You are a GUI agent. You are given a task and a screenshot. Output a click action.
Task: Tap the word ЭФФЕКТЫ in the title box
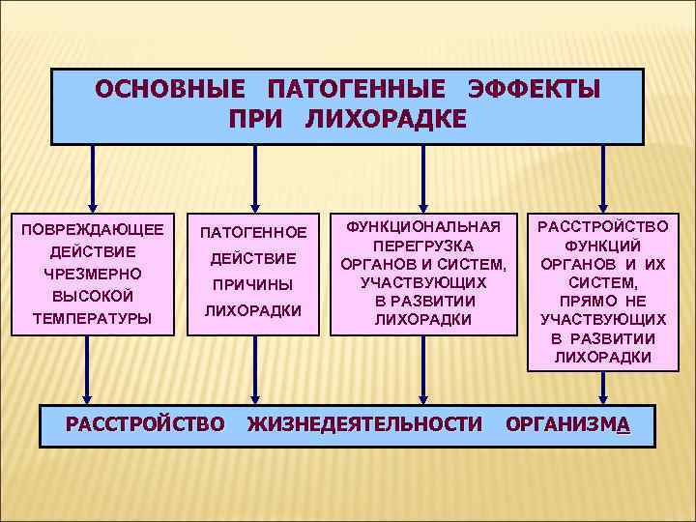click(x=534, y=90)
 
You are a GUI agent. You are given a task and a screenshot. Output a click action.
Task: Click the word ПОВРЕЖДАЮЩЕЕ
click(x=93, y=229)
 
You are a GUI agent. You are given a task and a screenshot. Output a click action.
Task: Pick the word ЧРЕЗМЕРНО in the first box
click(x=93, y=274)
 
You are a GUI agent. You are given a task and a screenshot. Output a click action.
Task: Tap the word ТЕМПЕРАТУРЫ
click(x=93, y=317)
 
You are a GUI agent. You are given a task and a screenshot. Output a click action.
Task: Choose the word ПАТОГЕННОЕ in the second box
click(x=253, y=232)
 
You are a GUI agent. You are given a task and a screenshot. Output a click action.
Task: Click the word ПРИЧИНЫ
click(x=253, y=285)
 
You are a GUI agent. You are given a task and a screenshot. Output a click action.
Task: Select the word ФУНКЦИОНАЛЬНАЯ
click(x=423, y=226)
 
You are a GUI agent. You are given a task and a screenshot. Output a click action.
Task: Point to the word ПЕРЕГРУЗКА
click(x=423, y=246)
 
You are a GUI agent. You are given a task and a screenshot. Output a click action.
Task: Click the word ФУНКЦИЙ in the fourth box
click(x=603, y=246)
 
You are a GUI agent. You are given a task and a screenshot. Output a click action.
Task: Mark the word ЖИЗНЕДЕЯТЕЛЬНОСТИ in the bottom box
click(x=364, y=422)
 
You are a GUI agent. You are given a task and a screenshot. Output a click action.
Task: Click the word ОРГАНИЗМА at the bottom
click(x=568, y=423)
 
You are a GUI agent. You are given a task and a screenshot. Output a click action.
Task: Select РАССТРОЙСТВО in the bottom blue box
click(x=144, y=422)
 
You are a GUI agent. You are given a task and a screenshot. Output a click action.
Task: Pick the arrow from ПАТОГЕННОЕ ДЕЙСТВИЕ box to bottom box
click(x=254, y=369)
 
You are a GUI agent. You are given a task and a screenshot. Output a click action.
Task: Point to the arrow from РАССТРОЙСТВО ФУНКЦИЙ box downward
click(x=603, y=387)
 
